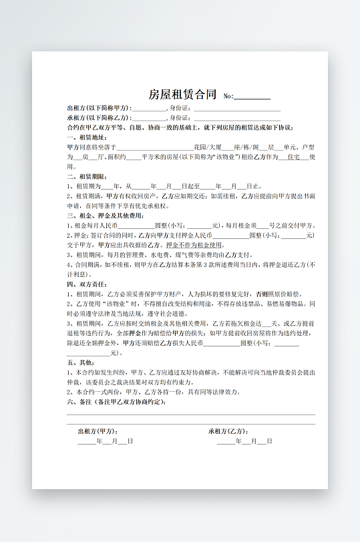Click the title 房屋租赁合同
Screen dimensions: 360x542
coord(182,94)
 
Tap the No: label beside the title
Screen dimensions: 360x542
coord(228,96)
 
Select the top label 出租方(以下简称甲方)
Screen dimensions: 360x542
coord(98,108)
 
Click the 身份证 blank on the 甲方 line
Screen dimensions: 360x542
coord(237,108)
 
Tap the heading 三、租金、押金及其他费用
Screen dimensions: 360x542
coord(105,216)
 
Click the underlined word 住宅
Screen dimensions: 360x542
coord(293,156)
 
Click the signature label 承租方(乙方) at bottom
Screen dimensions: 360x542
coord(228,431)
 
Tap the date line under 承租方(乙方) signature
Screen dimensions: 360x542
coord(244,441)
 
